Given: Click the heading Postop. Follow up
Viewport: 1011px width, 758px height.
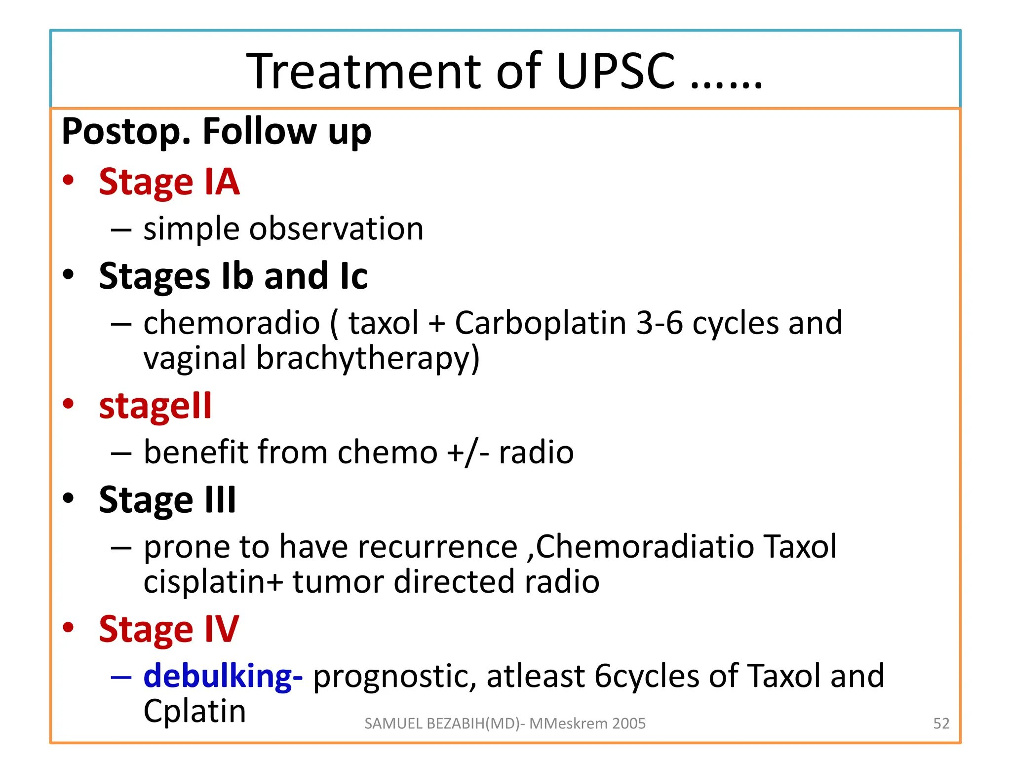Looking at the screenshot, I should pyautogui.click(x=216, y=131).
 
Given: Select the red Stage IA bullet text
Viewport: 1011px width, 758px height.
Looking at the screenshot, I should pyautogui.click(x=169, y=182).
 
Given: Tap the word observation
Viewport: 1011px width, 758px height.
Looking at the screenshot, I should pyautogui.click(x=336, y=229).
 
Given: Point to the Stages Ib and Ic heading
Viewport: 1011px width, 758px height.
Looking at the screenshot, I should pyautogui.click(x=233, y=276).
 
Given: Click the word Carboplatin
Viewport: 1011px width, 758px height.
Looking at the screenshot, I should pyautogui.click(x=540, y=323).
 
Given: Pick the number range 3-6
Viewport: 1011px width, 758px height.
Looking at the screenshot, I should pyautogui.click(x=660, y=323).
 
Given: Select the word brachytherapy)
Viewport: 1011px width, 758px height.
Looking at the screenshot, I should pyautogui.click(x=368, y=358).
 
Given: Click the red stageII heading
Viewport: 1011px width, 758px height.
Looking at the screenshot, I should pyautogui.click(x=155, y=406).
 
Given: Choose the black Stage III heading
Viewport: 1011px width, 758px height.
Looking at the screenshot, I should pyautogui.click(x=167, y=500).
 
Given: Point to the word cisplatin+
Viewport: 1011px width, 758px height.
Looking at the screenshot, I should pyautogui.click(x=213, y=582).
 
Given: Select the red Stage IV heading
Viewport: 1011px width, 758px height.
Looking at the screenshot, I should pyautogui.click(x=169, y=629).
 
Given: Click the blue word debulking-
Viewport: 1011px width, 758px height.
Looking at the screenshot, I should pyautogui.click(x=223, y=676).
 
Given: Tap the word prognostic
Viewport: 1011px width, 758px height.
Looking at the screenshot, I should pyautogui.click(x=394, y=677).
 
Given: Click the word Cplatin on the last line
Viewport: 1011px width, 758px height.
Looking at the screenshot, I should pyautogui.click(x=194, y=711).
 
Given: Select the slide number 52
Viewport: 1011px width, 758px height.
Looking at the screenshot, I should pyautogui.click(x=941, y=723).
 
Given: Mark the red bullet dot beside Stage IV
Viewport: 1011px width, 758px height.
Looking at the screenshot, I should pyautogui.click(x=68, y=627).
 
